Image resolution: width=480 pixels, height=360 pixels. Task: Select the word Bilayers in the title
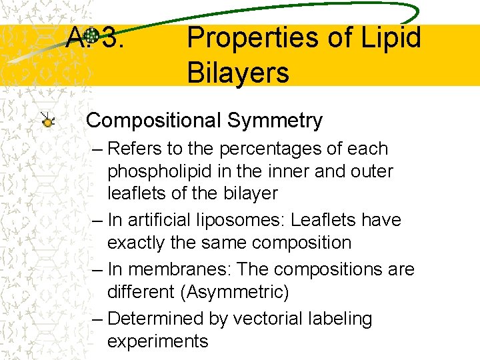238,71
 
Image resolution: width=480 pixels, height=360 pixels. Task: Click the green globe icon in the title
93,35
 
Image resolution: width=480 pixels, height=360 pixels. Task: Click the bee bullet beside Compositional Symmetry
48,121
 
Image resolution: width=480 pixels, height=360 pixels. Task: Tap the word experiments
157,341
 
